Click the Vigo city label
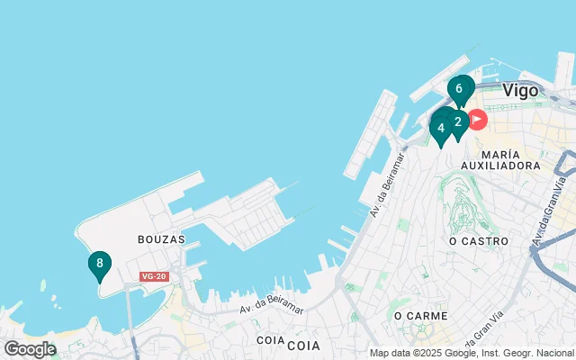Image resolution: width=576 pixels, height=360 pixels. [x=520, y=91]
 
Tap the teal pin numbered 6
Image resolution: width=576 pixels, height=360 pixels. [x=460, y=89]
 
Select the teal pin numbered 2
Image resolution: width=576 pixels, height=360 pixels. [x=458, y=122]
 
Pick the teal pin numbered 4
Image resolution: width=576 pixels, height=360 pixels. [x=441, y=128]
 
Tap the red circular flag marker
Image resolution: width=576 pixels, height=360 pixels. [x=476, y=120]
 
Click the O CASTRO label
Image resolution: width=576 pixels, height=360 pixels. [x=478, y=241]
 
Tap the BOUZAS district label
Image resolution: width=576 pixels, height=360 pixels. [x=161, y=239]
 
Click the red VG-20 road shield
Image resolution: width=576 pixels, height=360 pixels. [x=154, y=276]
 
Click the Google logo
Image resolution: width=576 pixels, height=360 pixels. [x=30, y=349]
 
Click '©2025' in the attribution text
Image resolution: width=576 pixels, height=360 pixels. [x=431, y=353]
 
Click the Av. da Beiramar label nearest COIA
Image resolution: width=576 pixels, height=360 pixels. [x=271, y=308]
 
